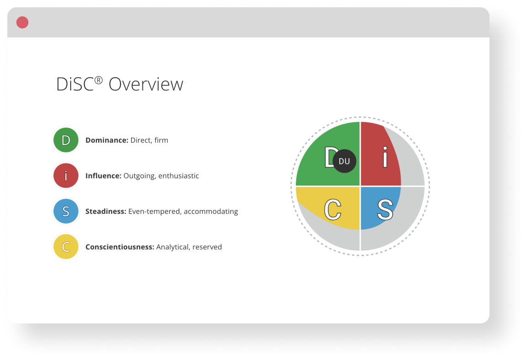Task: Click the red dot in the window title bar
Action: point(22,22)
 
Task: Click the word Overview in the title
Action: point(146,84)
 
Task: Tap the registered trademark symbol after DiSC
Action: point(98,80)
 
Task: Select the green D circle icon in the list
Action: point(66,140)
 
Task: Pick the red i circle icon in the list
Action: point(66,175)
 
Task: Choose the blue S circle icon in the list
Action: point(66,211)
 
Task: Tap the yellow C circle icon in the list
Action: point(66,247)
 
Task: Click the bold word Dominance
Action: point(107,140)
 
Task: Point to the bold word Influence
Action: point(103,176)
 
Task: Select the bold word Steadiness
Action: point(106,212)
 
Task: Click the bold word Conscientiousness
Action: point(120,247)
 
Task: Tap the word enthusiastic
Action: point(179,176)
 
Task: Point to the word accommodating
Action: point(210,212)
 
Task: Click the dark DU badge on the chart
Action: point(344,161)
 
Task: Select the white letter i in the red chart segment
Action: point(385,157)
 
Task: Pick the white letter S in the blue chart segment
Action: point(385,210)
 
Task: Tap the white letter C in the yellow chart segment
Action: point(333,210)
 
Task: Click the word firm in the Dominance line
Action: point(161,140)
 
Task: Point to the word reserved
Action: point(207,247)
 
